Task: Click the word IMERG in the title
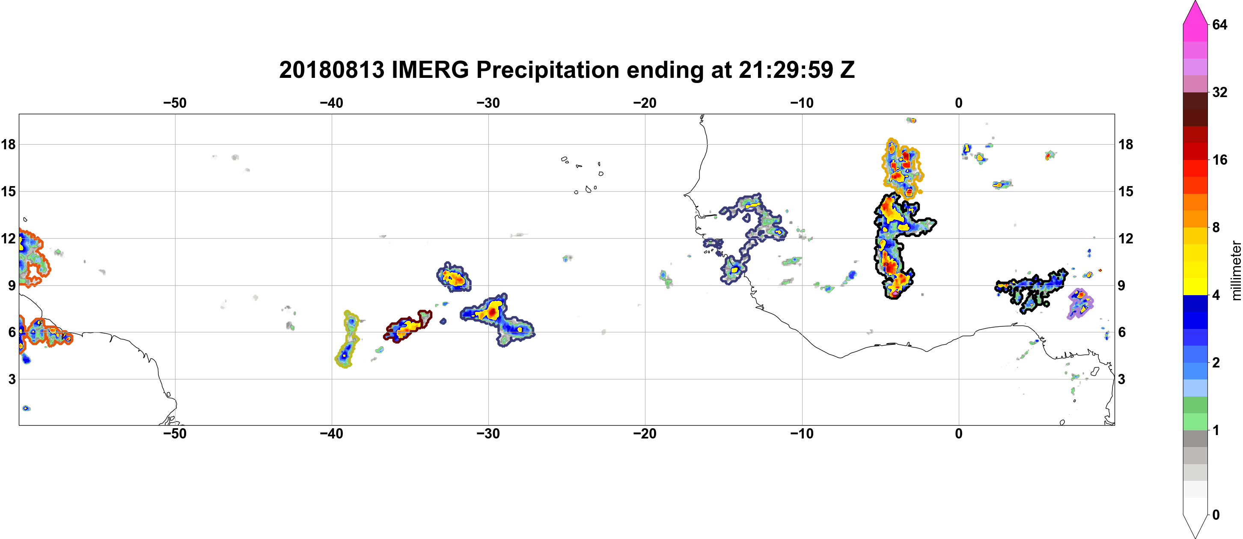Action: point(430,70)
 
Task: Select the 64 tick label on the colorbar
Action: point(1220,24)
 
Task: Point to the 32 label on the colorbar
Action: point(1220,92)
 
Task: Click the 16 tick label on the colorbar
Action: point(1220,160)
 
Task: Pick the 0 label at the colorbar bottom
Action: point(1216,515)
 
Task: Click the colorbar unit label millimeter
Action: point(1236,270)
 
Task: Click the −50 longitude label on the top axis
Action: point(175,103)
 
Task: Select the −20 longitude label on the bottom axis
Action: point(645,434)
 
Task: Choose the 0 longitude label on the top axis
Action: point(959,103)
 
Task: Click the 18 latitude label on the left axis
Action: point(8,144)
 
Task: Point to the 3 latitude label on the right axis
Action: point(1121,379)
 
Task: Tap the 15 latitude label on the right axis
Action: point(1126,191)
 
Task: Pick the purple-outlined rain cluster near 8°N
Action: point(1080,304)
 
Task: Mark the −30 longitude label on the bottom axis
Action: point(488,434)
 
